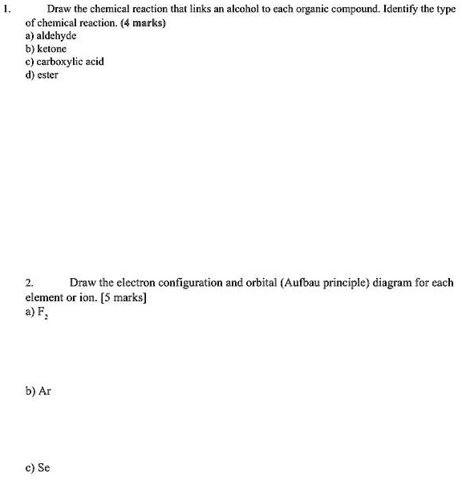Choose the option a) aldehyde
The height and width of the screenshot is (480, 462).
[51, 36]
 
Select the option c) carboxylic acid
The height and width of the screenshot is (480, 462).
[64, 62]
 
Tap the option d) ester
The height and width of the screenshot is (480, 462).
[42, 75]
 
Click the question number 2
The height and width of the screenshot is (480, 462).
[29, 282]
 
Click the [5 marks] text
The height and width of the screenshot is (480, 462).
[120, 296]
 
